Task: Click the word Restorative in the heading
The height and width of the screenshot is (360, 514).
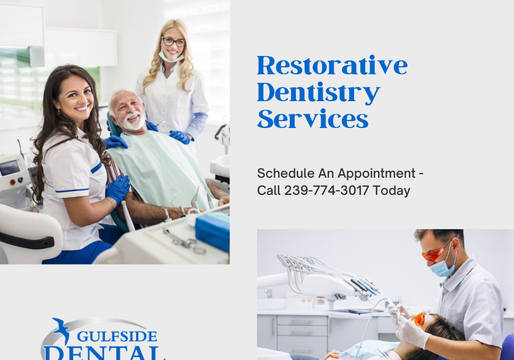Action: pos(332,66)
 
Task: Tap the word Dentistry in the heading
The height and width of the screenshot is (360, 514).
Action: pos(318,92)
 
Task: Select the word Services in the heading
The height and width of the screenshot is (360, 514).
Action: pos(312,118)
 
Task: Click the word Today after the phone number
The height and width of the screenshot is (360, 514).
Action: pos(391,191)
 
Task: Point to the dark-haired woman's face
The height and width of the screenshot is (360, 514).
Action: pos(76,94)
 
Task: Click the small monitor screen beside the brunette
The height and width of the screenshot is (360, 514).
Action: pos(10,167)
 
